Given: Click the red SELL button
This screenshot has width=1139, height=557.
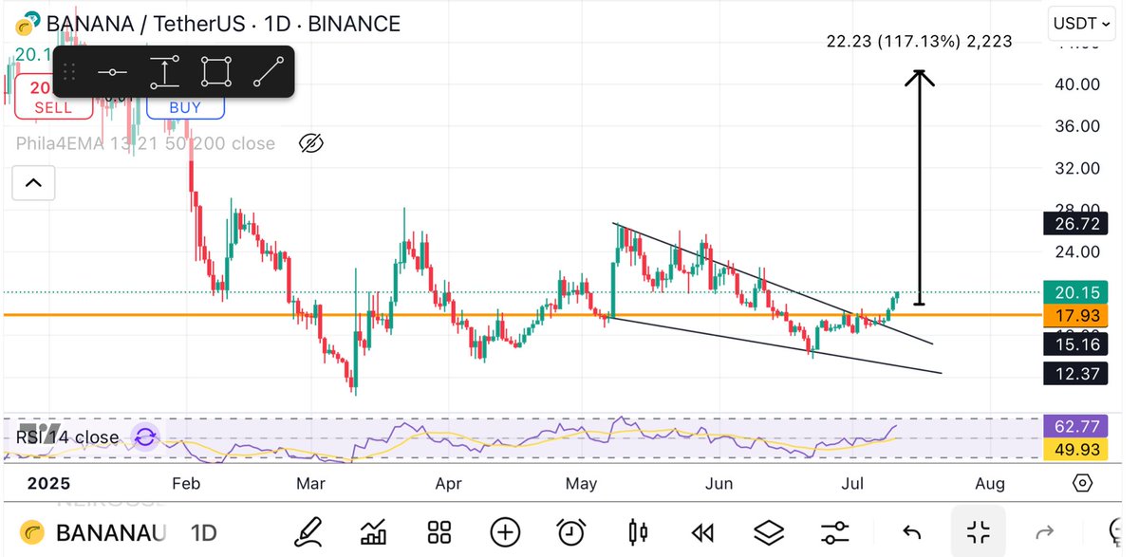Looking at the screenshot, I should pyautogui.click(x=53, y=106).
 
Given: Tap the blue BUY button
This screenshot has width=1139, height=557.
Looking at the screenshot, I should pyautogui.click(x=185, y=107).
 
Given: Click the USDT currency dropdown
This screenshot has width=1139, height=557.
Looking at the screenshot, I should pyautogui.click(x=1081, y=24).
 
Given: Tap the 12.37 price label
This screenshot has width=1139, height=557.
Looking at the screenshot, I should pyautogui.click(x=1075, y=374).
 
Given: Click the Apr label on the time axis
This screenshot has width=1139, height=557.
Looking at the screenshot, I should pyautogui.click(x=447, y=484).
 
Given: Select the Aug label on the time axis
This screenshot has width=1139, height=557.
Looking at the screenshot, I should pyautogui.click(x=990, y=484).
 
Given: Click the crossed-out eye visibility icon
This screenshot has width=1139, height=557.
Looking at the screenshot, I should pyautogui.click(x=311, y=143).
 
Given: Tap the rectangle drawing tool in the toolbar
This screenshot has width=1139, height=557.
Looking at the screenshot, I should pyautogui.click(x=216, y=72).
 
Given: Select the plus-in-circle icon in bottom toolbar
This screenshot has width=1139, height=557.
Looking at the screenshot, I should pyautogui.click(x=505, y=532).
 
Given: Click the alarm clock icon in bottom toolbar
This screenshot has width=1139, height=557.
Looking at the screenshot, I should pyautogui.click(x=570, y=532).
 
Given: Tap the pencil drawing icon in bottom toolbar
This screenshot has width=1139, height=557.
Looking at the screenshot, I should pyautogui.click(x=307, y=532).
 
